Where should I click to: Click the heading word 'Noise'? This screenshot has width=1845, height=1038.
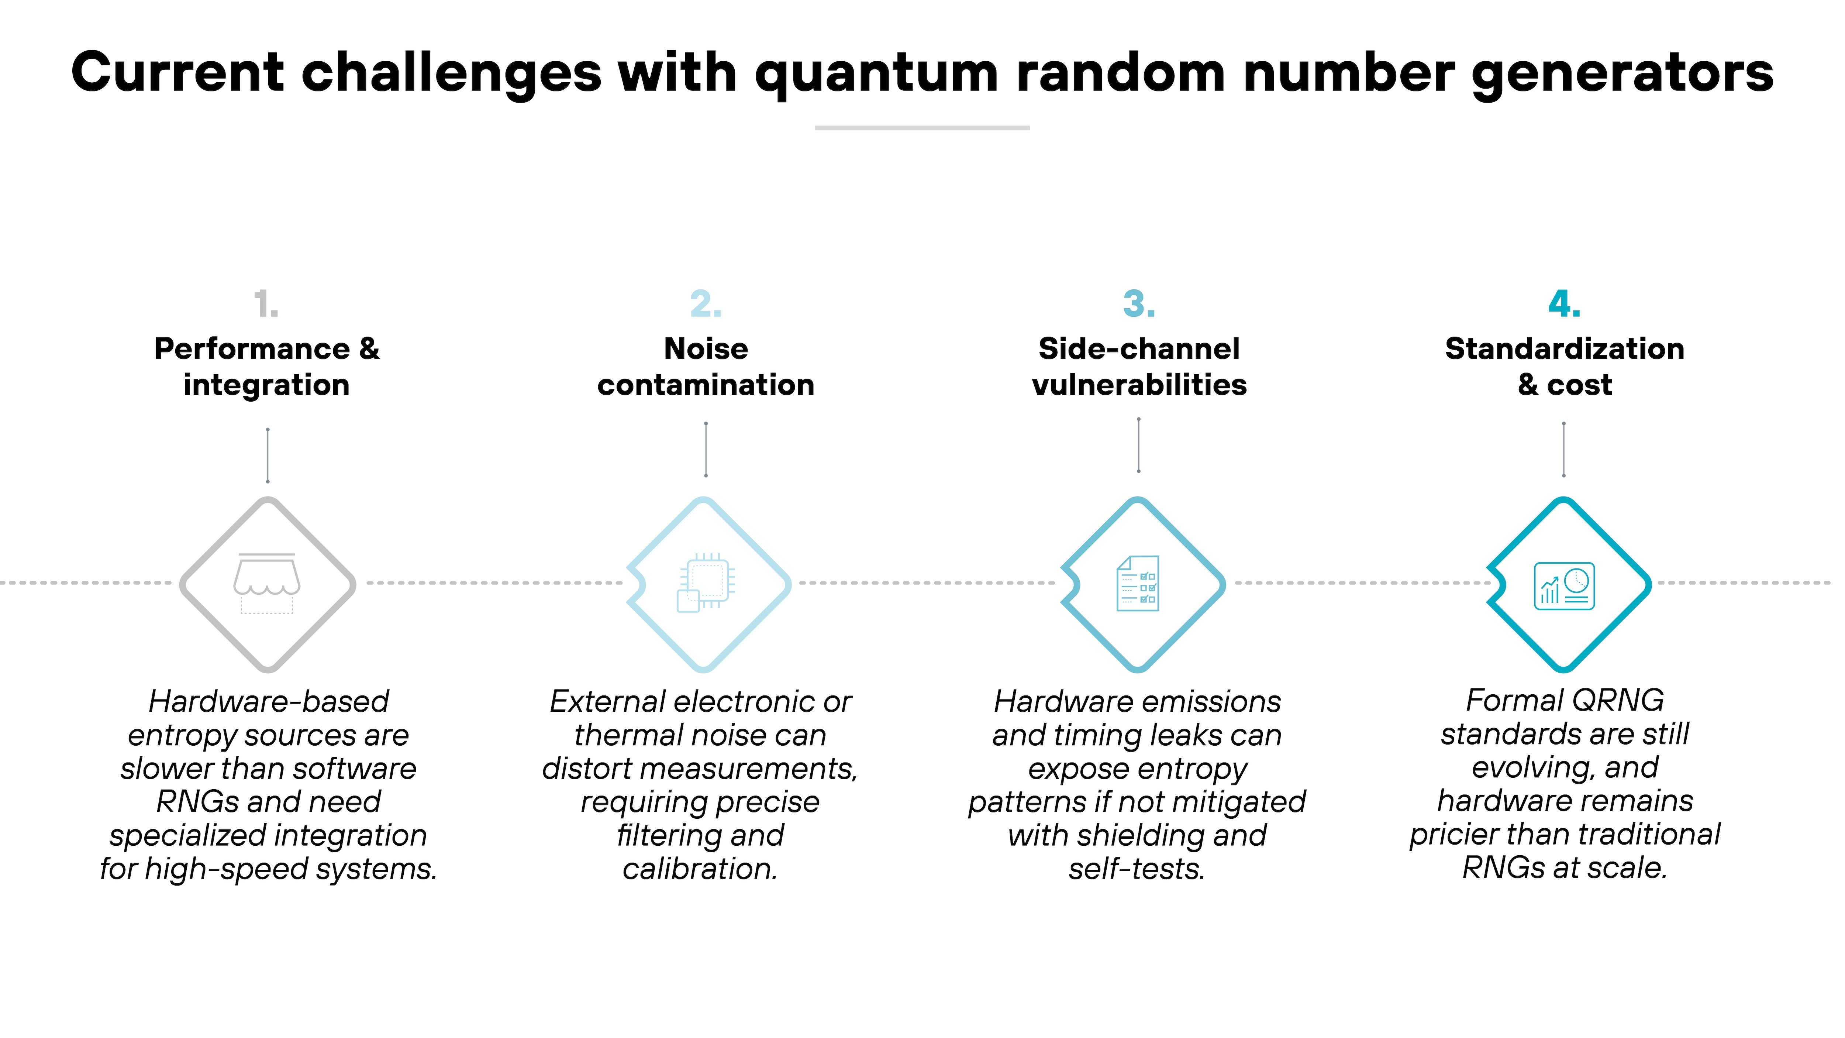706,349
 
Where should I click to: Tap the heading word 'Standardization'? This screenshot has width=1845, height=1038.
1564,349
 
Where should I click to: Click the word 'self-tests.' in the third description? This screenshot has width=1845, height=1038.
1137,869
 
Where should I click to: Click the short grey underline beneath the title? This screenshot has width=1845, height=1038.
922,127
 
